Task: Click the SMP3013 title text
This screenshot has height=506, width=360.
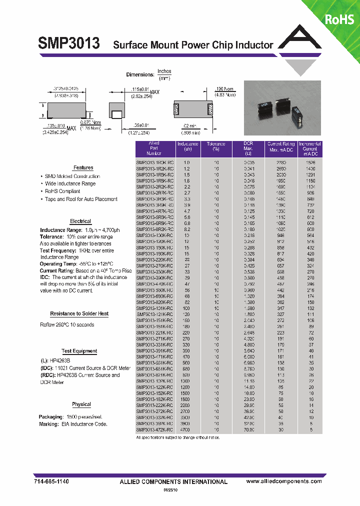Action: pos(68,44)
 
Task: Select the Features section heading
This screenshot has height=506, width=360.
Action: pos(83,168)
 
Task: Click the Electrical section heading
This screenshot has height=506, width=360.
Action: pos(80,221)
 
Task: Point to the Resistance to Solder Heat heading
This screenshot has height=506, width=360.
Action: pos(79,314)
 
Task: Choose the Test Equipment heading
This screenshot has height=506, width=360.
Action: pos(79,351)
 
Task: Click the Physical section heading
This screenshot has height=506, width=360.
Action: pos(81,404)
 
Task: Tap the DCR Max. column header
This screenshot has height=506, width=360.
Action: pos(248,148)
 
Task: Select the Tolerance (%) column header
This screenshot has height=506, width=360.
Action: pos(216,146)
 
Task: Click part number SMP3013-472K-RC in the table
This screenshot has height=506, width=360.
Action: pos(155,430)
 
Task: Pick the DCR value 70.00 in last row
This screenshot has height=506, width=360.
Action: pos(249,430)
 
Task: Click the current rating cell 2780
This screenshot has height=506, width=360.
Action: pos(281,163)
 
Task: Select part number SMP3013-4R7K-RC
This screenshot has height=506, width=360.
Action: pos(155,211)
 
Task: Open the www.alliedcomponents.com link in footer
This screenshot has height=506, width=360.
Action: pos(284,481)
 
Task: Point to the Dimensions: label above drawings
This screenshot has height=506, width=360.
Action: pos(139,74)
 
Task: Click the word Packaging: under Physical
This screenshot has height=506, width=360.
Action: pos(50,416)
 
